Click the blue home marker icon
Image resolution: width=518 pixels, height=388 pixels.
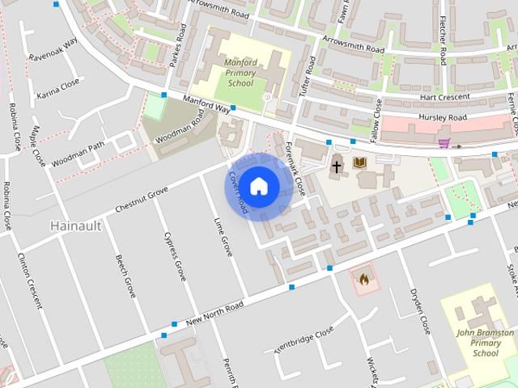[x=258, y=186]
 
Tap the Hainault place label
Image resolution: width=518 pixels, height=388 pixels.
[x=76, y=226]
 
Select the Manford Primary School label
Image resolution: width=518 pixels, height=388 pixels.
[x=240, y=72]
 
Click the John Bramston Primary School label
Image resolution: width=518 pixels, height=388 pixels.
[x=486, y=342]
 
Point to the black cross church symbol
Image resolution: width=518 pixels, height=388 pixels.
[x=337, y=167]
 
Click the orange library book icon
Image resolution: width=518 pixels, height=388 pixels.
[x=360, y=163]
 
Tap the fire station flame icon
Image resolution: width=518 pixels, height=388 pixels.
[x=364, y=279]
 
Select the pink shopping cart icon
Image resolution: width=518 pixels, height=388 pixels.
[x=444, y=144]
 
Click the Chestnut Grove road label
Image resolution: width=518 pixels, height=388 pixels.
[x=142, y=199]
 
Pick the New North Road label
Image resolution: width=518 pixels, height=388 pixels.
[x=214, y=310]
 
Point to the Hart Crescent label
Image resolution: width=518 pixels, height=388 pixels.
[x=445, y=96]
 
